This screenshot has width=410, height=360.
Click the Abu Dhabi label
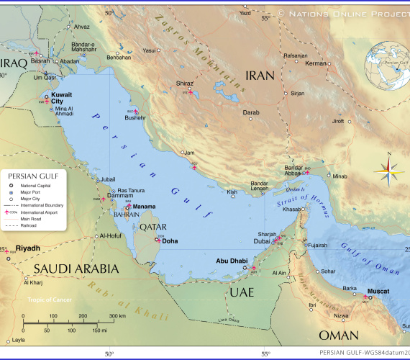[232, 262]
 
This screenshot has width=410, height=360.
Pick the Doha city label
[170, 241]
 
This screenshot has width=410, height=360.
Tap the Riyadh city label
[27, 248]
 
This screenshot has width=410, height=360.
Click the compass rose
[389, 170]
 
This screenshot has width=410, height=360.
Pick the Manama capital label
[145, 206]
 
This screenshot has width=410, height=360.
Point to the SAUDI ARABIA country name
[75, 269]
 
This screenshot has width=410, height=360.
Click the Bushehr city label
[135, 117]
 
